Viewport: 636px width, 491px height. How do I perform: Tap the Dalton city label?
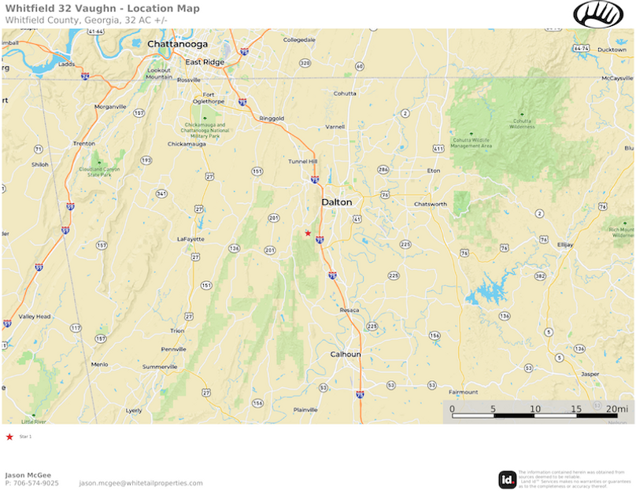[x=336, y=202]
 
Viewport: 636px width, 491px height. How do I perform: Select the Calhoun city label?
[x=345, y=354]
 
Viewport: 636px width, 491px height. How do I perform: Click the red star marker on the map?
[x=308, y=233]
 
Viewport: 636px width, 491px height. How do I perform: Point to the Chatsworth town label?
[x=431, y=204]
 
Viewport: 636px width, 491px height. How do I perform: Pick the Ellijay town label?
[x=565, y=245]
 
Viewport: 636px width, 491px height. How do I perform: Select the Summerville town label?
[x=160, y=367]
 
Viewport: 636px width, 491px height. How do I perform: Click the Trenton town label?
[x=83, y=143]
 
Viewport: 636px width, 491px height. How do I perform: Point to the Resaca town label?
[x=349, y=310]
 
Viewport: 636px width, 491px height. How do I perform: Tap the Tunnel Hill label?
[x=302, y=161]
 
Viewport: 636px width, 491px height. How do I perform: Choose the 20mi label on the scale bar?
[x=617, y=409]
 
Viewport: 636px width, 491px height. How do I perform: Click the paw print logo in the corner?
[x=598, y=14]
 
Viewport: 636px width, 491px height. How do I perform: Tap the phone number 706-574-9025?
[x=32, y=483]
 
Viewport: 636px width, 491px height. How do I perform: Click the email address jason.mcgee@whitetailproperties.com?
[x=141, y=483]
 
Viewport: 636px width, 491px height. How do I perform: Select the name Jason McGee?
[x=30, y=474]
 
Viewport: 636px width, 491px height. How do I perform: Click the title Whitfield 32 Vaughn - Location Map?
[x=102, y=9]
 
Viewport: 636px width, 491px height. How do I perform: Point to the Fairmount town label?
[x=463, y=392]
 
